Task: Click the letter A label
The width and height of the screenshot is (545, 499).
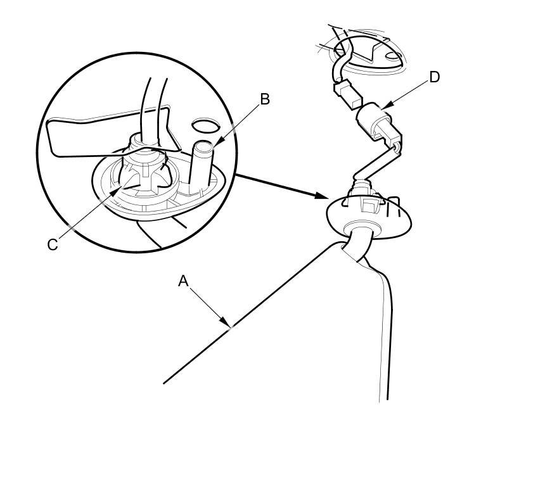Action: [183, 281]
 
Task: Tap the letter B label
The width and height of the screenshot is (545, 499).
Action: [265, 99]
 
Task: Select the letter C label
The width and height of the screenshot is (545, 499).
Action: [53, 244]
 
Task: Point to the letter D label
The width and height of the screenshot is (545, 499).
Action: [434, 77]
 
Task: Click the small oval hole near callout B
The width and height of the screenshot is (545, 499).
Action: [203, 125]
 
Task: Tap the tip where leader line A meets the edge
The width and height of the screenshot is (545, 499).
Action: [232, 326]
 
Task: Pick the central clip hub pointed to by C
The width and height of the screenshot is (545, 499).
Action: [143, 174]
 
